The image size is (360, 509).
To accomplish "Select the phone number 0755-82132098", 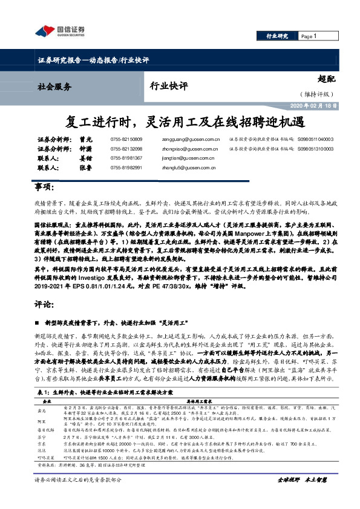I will tap(126, 148).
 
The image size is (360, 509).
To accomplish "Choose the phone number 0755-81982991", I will tap(126, 166).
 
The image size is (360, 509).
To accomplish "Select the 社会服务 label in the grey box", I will tap(54, 86).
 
